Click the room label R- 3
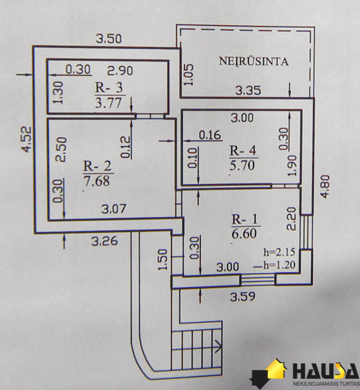point(109,88)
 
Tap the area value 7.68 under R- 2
point(96,181)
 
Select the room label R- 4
point(243,151)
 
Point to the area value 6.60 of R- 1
point(244,234)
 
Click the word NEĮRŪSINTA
point(254,61)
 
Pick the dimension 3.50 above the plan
point(109,39)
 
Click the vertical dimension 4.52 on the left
point(27,139)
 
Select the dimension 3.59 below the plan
point(243,296)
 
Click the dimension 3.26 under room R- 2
point(104,241)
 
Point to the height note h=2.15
point(280,253)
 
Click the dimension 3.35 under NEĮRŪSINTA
point(248,90)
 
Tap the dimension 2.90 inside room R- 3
point(120,71)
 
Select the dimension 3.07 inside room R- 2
point(114,209)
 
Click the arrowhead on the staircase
point(218,346)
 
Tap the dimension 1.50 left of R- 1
point(163,259)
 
